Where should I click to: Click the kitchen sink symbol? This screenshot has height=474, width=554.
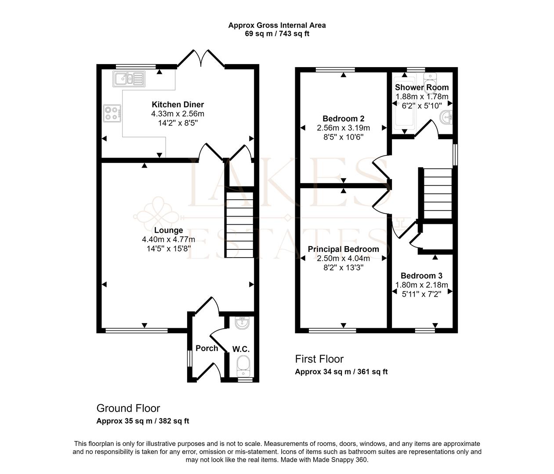129,79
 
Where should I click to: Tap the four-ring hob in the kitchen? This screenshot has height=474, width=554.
112,113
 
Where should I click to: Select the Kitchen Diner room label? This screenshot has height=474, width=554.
177,104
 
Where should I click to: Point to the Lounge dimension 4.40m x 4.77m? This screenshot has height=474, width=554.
168,239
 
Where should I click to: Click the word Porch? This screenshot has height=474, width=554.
206,348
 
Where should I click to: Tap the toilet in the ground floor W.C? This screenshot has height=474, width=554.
243,366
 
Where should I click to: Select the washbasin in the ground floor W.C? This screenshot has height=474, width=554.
242,323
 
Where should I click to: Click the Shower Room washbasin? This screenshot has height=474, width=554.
446,117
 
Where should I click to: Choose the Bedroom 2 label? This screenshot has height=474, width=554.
343,118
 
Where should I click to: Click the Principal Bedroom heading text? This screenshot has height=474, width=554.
343,249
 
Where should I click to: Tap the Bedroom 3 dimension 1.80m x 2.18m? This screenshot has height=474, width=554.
422,285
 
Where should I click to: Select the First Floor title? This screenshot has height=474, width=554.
319,359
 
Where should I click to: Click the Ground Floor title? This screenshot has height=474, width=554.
128,408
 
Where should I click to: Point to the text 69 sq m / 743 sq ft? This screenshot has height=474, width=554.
277,34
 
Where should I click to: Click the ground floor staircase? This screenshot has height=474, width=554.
240,225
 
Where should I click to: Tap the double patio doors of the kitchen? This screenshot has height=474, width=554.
201,58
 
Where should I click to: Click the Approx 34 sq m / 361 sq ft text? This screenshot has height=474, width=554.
341,372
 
